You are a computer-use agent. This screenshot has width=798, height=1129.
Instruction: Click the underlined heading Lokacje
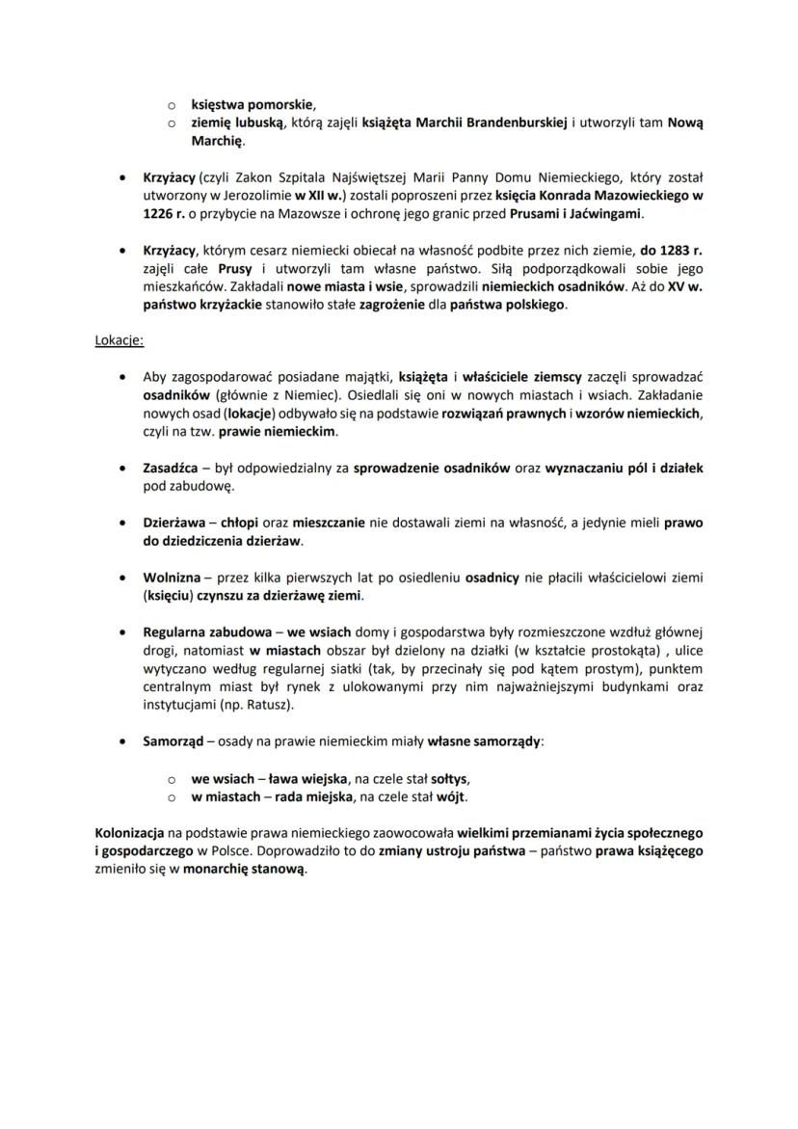point(120,340)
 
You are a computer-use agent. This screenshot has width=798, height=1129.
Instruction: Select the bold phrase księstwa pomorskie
point(253,104)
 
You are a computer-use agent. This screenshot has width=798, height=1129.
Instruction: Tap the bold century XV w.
point(684,286)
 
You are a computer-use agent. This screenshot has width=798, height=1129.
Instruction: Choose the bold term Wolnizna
point(172,578)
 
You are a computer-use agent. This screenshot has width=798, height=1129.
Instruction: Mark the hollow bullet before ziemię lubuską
point(171,122)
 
